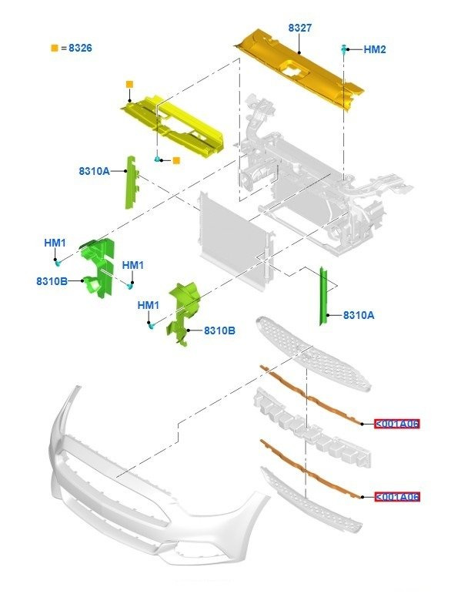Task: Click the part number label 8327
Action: pyautogui.click(x=299, y=28)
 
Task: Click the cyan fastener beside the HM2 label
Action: pyautogui.click(x=342, y=49)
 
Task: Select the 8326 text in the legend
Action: pyautogui.click(x=80, y=48)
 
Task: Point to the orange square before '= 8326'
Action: pyautogui.click(x=54, y=48)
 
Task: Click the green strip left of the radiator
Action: pyautogui.click(x=131, y=183)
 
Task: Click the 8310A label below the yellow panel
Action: pyautogui.click(x=94, y=172)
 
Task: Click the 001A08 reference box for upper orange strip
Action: pyautogui.click(x=397, y=424)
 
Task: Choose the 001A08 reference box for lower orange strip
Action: pyautogui.click(x=397, y=497)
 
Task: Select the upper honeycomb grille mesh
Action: pyautogui.click(x=316, y=351)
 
